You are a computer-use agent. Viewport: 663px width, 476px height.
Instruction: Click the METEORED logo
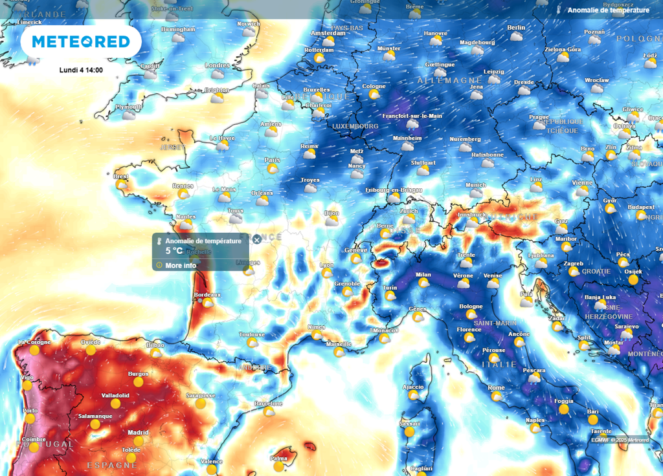[x=81, y=41]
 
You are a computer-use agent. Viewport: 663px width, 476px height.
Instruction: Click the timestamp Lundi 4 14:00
[x=81, y=70]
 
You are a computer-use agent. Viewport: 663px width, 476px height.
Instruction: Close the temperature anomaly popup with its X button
[x=256, y=239]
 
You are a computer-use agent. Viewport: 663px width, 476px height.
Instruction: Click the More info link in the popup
[x=181, y=265]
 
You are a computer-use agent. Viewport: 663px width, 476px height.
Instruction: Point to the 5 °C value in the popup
[x=174, y=250]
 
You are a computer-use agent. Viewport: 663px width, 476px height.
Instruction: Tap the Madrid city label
[x=138, y=433]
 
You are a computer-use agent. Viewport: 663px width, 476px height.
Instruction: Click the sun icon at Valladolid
[x=115, y=404]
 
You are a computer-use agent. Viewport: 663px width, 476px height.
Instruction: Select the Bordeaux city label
[x=207, y=295]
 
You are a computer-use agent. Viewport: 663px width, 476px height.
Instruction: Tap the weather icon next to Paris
[x=273, y=168]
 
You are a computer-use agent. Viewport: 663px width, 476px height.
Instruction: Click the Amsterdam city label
[x=328, y=33]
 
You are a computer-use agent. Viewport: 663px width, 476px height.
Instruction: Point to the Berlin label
[x=516, y=28]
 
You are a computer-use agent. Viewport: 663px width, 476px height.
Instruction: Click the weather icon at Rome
[x=497, y=396]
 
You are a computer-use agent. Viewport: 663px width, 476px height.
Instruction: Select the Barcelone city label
[x=268, y=403]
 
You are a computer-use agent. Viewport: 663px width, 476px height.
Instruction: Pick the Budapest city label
[x=640, y=207]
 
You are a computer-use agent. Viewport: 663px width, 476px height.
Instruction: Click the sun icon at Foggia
[x=563, y=409]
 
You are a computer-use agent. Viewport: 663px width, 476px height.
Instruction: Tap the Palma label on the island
[x=279, y=459]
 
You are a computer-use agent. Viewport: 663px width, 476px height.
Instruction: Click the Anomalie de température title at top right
[x=608, y=10]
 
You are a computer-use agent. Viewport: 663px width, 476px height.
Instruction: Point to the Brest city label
[x=120, y=176]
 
